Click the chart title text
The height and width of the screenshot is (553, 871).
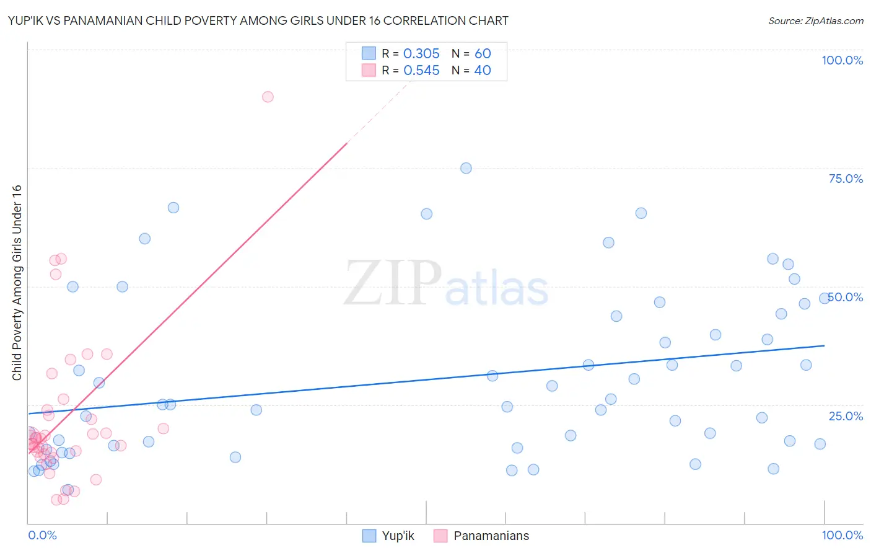click(258, 20)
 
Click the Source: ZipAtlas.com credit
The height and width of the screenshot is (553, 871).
click(815, 20)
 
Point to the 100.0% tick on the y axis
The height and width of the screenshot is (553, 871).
click(842, 60)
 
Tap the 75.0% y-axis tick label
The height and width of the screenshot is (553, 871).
click(846, 179)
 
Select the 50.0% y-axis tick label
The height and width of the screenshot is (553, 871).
click(846, 297)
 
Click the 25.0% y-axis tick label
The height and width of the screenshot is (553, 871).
click(846, 415)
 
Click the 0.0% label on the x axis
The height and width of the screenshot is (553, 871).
click(42, 535)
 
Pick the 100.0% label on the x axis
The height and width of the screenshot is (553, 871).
click(842, 535)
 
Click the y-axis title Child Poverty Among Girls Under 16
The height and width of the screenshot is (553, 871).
click(17, 283)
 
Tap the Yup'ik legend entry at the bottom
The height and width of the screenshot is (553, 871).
click(397, 536)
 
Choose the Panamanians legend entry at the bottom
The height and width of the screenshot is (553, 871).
click(491, 536)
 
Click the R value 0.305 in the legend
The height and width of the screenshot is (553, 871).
click(421, 54)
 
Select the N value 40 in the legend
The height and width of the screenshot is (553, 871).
click(483, 71)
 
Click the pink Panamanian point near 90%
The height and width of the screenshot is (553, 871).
click(268, 97)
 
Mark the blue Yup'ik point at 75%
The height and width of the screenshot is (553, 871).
click(466, 168)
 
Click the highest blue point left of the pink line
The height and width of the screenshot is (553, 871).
click(173, 208)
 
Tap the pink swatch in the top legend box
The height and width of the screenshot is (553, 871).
click(369, 71)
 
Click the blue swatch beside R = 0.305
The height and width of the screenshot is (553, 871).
click(369, 53)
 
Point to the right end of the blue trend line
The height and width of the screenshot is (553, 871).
click(824, 345)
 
